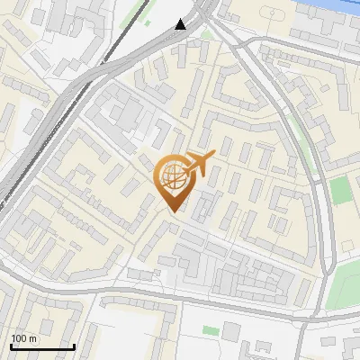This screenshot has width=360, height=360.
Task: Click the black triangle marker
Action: coord(181,24)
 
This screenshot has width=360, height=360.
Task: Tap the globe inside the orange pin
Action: coord(169,174)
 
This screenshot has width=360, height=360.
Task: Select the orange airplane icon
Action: coord(200,164)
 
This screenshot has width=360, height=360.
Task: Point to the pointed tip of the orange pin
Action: coord(169,211)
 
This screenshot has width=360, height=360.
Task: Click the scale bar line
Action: coord(41,347)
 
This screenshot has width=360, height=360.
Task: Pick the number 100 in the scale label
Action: coord(20,338)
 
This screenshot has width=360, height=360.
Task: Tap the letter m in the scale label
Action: coord(33,338)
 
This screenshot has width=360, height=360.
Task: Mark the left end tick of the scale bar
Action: coord(10,346)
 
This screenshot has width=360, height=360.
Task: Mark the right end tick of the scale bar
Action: coord(74,346)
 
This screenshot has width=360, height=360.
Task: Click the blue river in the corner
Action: coord(347,4)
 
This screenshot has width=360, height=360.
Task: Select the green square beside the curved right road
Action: coord(339,191)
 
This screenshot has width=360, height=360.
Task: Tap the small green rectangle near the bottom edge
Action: coord(210,331)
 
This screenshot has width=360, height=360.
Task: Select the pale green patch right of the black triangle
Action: coord(206,35)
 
